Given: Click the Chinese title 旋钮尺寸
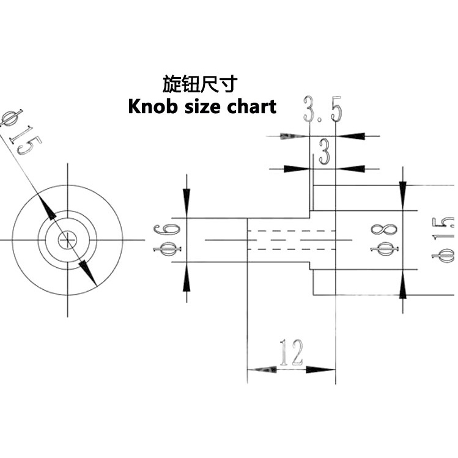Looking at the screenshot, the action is tap(200, 84).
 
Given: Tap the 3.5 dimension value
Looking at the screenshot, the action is tap(322, 109).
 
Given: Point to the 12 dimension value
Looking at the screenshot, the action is tap(291, 352).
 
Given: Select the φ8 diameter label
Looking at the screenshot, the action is tap(384, 239).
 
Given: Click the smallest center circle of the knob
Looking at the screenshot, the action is tap(68, 240).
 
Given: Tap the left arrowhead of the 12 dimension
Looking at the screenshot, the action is tap(262, 370).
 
